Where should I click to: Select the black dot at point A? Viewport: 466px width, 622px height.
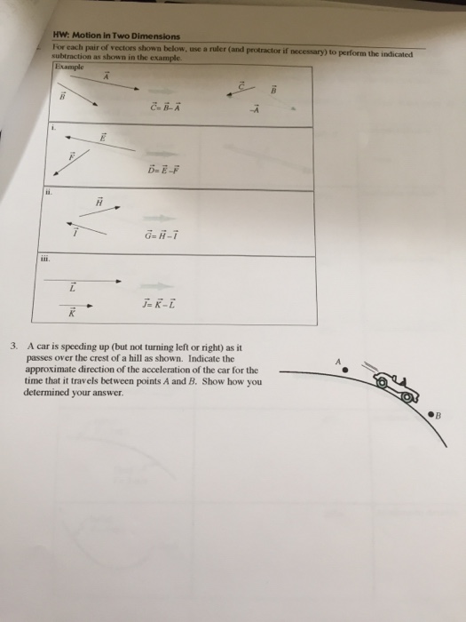click(x=348, y=370)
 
